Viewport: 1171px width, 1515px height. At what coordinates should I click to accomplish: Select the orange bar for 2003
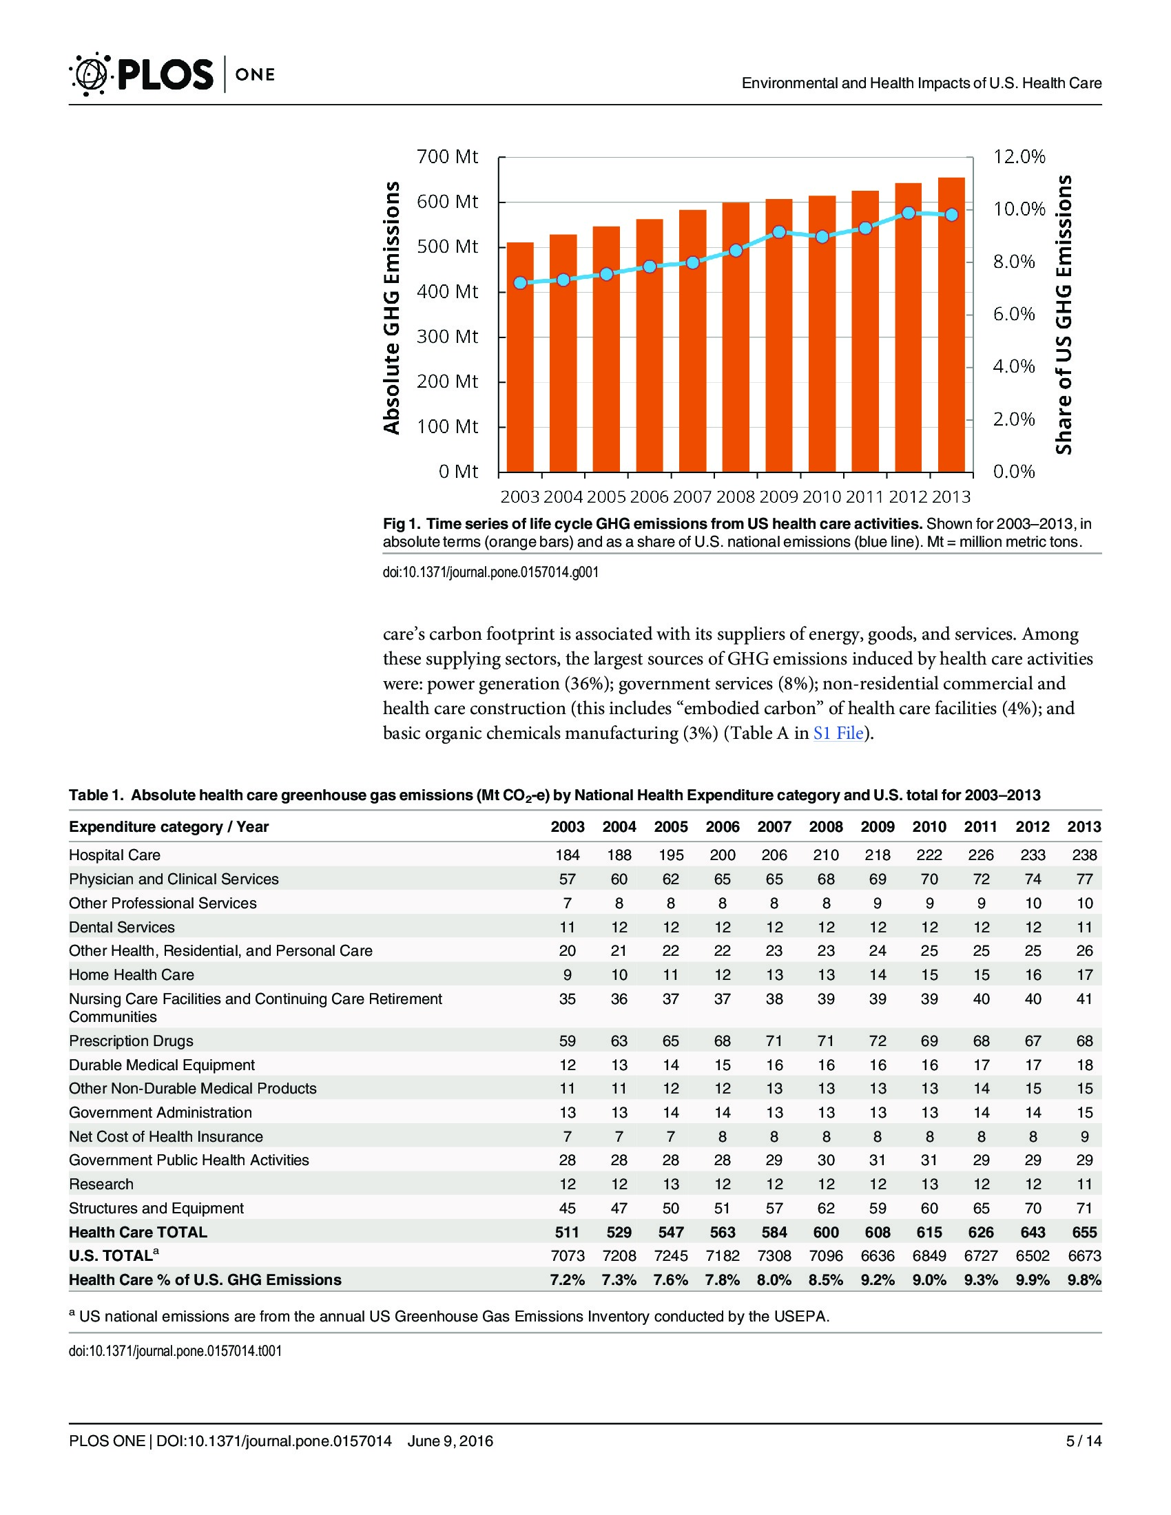point(520,357)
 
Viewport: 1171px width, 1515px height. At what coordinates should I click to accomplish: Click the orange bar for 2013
point(952,324)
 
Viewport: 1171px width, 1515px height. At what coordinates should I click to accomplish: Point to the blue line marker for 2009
point(779,231)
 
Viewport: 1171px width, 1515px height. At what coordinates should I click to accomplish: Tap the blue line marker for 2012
point(909,213)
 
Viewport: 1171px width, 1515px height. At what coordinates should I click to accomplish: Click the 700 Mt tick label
point(447,157)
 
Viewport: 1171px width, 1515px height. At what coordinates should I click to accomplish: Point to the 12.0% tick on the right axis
point(1019,157)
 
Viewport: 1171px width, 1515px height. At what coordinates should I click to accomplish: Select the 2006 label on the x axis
point(650,497)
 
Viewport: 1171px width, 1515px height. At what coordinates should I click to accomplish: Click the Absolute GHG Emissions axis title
point(392,308)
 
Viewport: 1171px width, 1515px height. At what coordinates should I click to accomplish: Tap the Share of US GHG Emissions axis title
point(1064,315)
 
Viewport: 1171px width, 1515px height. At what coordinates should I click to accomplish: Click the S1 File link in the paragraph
point(838,733)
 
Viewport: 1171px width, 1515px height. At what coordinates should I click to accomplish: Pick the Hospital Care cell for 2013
point(1084,855)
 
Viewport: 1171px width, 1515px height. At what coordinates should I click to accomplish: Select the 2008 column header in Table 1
point(825,827)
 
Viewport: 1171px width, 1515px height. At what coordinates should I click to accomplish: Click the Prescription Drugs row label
point(131,1041)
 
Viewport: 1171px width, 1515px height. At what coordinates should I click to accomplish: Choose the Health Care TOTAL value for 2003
point(568,1233)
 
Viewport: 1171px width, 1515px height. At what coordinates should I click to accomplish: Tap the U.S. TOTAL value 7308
point(774,1256)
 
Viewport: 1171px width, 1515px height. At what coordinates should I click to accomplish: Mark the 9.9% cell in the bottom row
point(1033,1281)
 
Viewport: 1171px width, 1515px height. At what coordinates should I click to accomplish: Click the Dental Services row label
point(121,928)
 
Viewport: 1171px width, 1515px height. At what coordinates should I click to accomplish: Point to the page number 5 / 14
point(1084,1441)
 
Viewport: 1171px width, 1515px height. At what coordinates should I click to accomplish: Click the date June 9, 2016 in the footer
point(450,1441)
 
